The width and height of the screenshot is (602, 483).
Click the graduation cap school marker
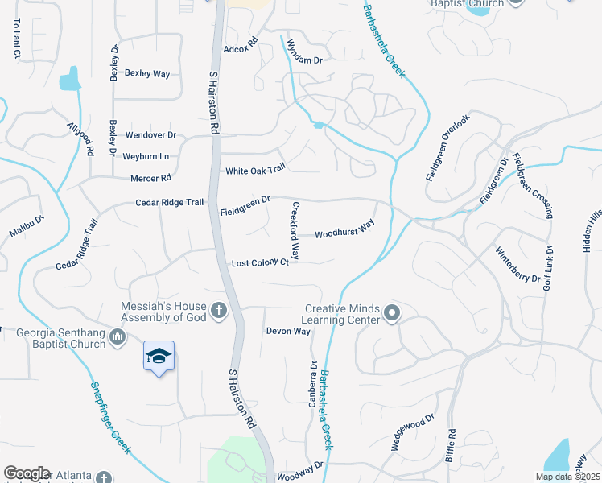click(159, 355)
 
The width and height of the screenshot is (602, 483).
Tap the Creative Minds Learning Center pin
click(392, 313)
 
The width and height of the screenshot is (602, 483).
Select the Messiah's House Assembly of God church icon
click(217, 311)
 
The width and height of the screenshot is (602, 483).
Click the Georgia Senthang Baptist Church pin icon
click(118, 336)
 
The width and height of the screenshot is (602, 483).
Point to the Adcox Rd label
click(240, 49)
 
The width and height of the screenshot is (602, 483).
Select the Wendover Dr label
click(150, 135)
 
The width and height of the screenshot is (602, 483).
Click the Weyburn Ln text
click(146, 155)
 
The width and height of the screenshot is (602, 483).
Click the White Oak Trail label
click(255, 170)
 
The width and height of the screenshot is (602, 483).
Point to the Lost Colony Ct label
click(260, 263)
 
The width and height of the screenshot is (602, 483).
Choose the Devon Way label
click(288, 331)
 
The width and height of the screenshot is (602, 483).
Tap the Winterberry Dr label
click(517, 264)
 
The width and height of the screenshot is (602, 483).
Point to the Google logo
click(27, 473)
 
